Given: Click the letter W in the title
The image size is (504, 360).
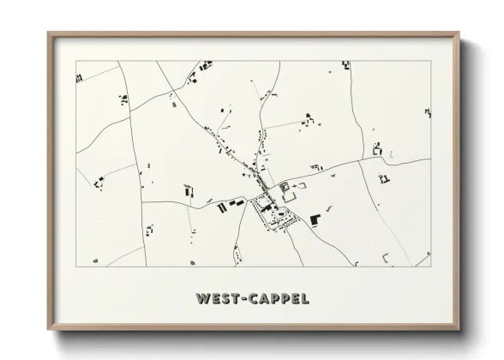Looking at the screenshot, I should (203, 299).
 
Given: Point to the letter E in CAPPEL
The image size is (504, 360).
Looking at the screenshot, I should (296, 299).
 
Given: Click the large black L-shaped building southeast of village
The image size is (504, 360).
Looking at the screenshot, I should (315, 220).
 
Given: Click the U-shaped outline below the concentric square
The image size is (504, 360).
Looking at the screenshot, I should (289, 197).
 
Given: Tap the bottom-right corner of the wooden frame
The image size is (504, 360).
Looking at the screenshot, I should (459, 329).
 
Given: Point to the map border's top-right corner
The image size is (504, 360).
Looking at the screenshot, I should (431, 61).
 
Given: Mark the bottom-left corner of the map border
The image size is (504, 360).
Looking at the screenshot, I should (76, 267).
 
